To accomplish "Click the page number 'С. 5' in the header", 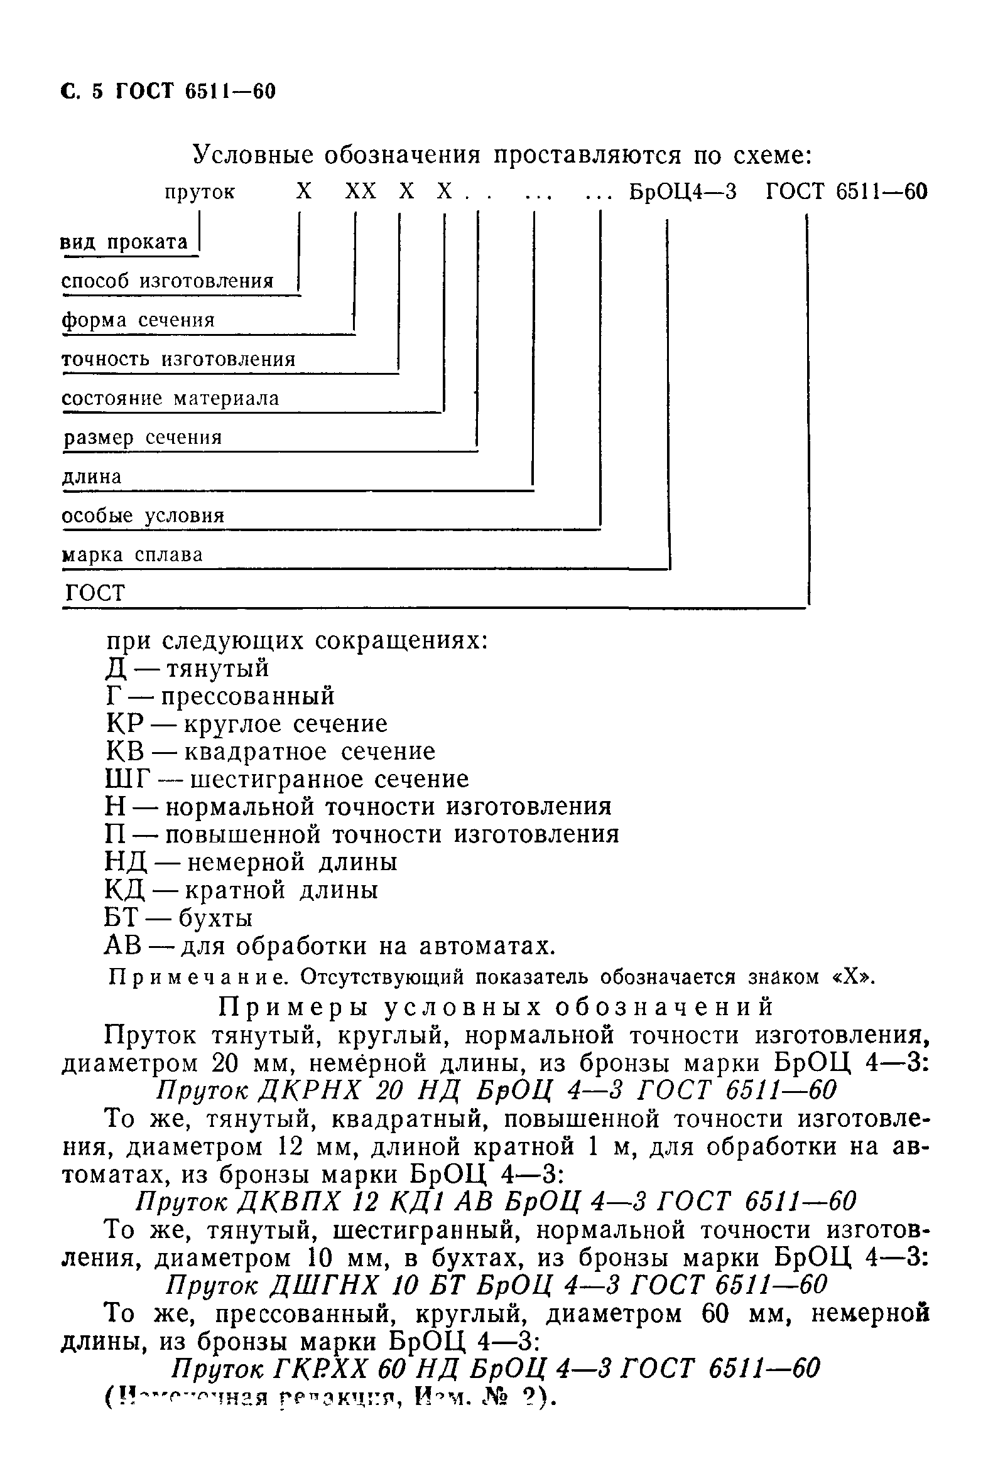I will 81,92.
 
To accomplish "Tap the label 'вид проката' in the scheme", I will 124,242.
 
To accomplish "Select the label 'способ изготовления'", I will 168,281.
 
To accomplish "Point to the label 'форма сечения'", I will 138,320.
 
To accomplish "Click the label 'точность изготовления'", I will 178,359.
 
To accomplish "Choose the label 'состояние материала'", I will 170,398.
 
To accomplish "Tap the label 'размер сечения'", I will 143,437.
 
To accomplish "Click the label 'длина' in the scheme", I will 92,476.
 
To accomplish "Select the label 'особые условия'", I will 143,516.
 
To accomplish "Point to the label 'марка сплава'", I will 133,555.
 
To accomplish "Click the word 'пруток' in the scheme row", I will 200,191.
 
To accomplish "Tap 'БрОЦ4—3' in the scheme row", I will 683,191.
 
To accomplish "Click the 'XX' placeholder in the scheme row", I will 361,191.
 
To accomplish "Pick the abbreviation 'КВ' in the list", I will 126,751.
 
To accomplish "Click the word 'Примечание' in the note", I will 195,977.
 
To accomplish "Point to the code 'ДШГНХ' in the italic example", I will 325,1284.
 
